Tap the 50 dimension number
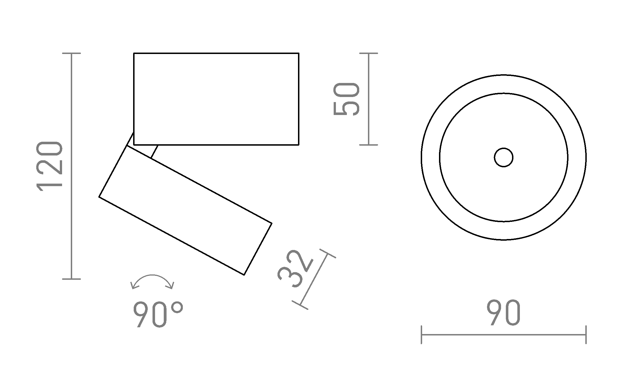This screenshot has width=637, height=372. (346, 99)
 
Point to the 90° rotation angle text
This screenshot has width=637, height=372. (158, 314)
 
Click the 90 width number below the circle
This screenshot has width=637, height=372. (503, 313)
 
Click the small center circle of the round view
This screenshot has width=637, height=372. (504, 157)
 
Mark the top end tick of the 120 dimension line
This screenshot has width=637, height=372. (71, 53)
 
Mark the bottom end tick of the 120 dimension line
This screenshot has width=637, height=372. (71, 279)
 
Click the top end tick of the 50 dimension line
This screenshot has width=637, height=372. (368, 53)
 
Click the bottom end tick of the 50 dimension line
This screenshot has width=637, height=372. (368, 145)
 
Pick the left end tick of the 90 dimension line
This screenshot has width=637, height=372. (422, 335)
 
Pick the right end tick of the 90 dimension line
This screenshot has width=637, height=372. (586, 335)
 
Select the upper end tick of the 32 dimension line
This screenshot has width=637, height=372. (327, 254)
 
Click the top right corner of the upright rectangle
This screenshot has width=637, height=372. (298, 53)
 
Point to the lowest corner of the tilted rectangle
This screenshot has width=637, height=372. (244, 275)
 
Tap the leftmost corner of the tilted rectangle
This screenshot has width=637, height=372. (99, 197)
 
